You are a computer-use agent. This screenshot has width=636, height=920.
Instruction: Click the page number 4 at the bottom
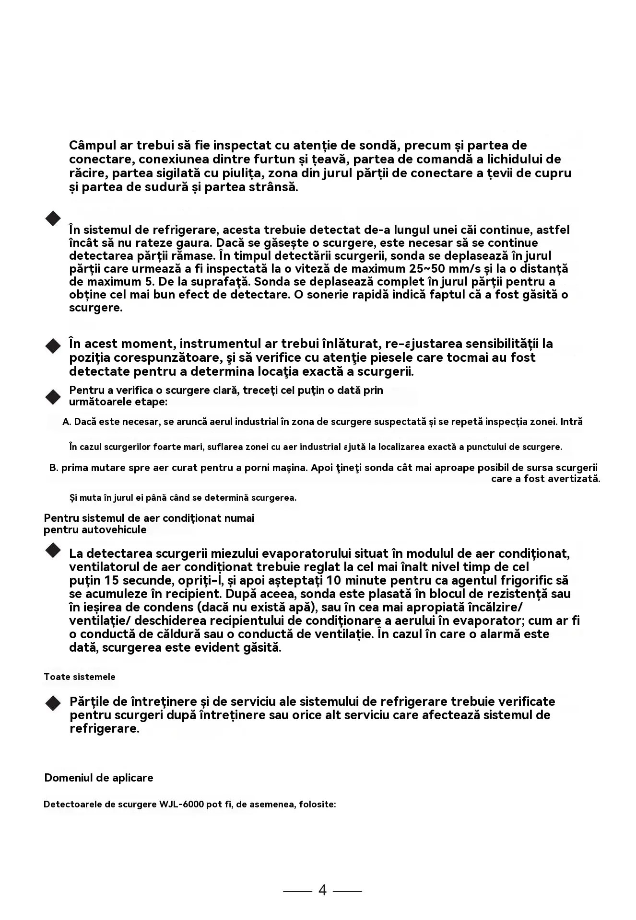[322, 890]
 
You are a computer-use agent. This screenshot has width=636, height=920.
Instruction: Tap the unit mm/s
[468, 268]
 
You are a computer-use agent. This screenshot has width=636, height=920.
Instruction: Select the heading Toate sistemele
[80, 677]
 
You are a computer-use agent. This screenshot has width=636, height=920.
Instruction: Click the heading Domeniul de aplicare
[99, 778]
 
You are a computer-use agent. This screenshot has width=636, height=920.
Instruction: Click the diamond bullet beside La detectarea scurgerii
[53, 551]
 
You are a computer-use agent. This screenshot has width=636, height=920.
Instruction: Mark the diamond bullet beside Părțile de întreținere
[53, 703]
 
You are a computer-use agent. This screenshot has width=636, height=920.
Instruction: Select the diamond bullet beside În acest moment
[53, 345]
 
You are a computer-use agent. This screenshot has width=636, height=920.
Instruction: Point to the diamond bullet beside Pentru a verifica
[53, 396]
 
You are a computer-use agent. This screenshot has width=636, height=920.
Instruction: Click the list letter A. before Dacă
[67, 422]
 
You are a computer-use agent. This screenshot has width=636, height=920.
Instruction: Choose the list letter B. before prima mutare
[54, 468]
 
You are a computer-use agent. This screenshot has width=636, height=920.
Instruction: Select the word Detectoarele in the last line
[72, 805]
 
